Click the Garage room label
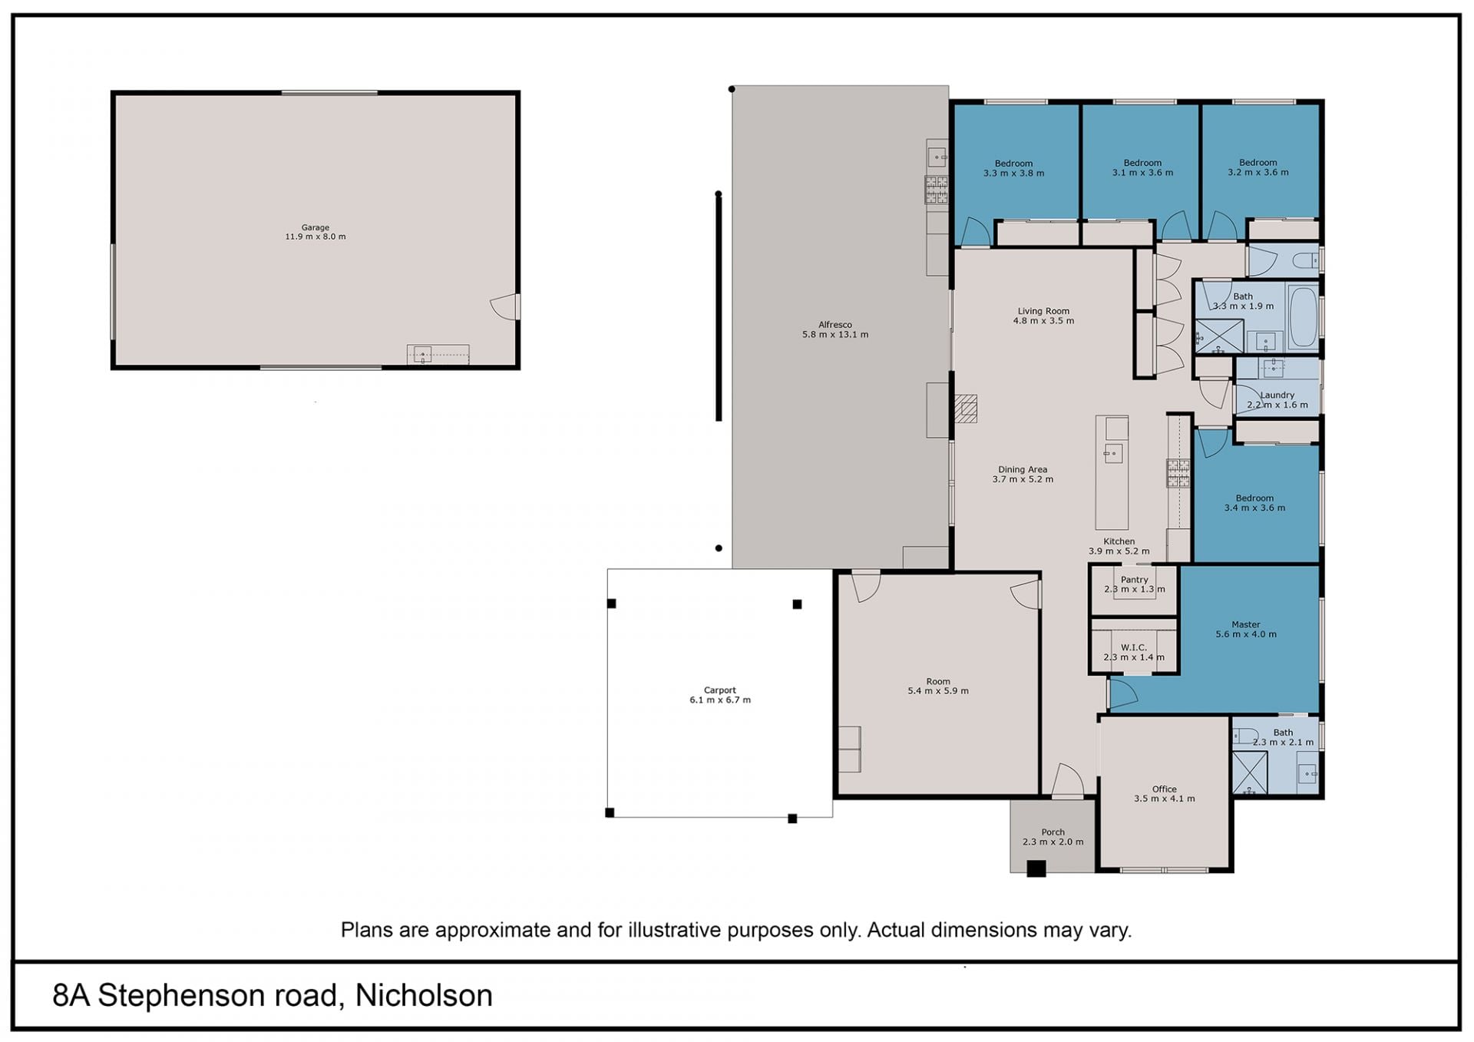[x=315, y=227]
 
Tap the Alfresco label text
[x=835, y=325]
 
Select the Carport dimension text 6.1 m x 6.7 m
[x=720, y=700]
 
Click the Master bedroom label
[x=1246, y=624]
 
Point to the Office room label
[x=1165, y=789]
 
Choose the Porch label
[x=1053, y=832]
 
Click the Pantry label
[x=1135, y=580]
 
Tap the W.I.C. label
[x=1134, y=647]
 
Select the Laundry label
[x=1277, y=395]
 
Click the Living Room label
[x=1043, y=311]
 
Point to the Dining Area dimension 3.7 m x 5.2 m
[x=1023, y=479]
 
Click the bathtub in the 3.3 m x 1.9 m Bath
[x=1303, y=317]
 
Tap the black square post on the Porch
[x=1036, y=868]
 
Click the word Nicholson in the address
[x=424, y=996]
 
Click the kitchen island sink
[x=1113, y=453]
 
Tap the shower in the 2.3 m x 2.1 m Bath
[x=1250, y=772]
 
